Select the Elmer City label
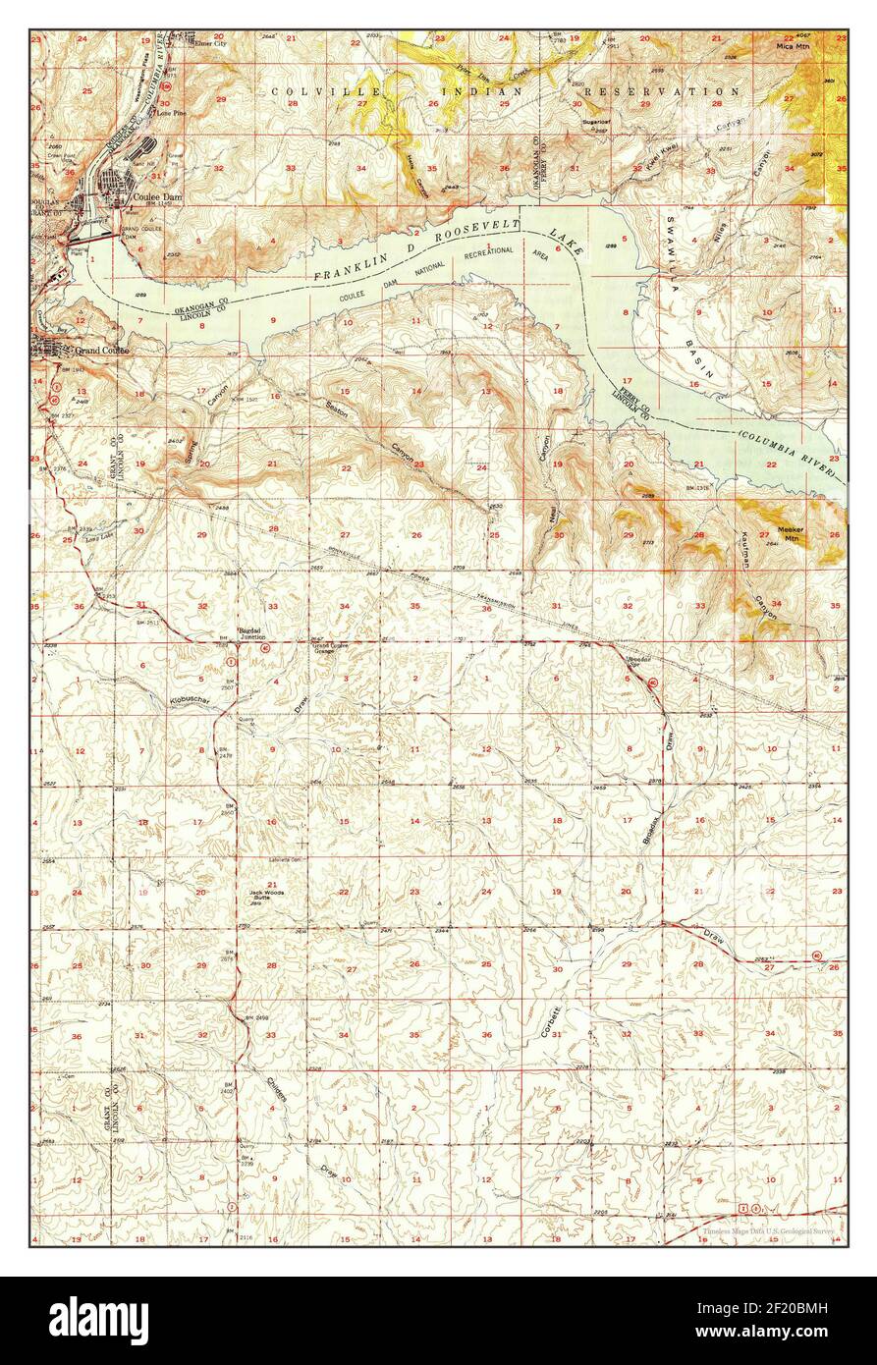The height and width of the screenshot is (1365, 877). click(x=210, y=44)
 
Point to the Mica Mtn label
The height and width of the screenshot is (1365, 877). click(x=792, y=46)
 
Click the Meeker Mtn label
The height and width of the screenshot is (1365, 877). click(x=791, y=506)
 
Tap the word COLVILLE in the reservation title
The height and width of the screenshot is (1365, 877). click(x=305, y=90)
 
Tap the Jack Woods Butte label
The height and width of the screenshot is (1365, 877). click(x=266, y=893)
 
